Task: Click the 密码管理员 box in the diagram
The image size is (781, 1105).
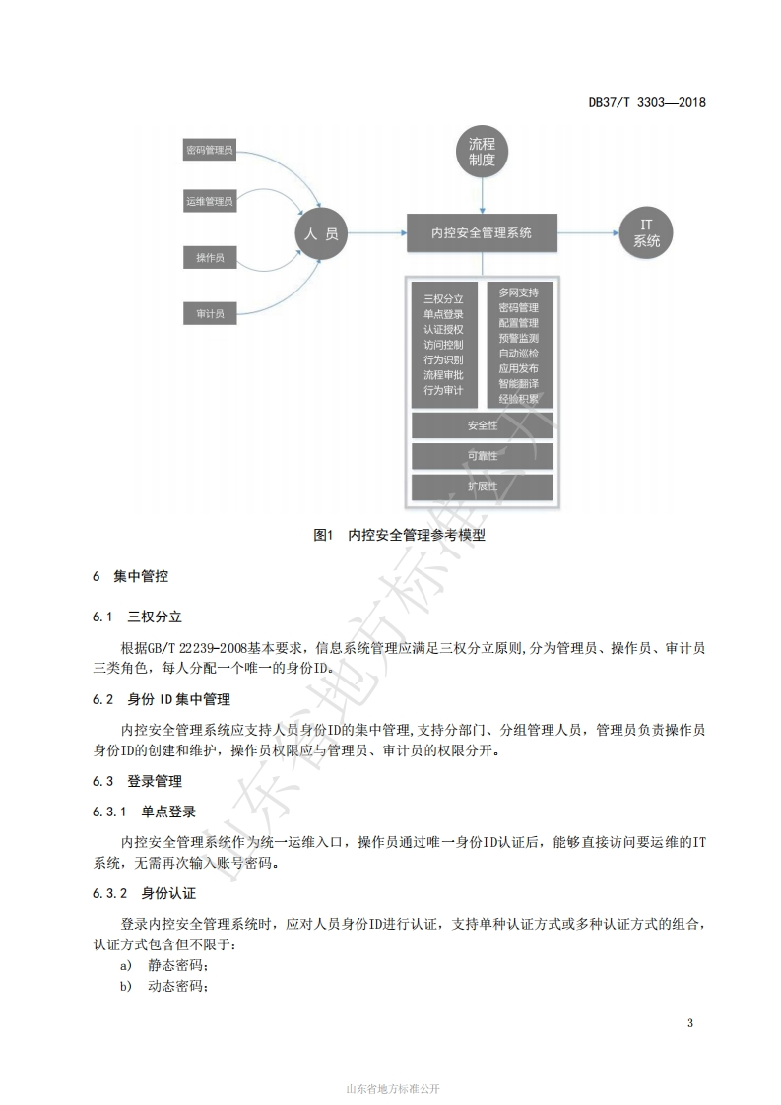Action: pyautogui.click(x=210, y=150)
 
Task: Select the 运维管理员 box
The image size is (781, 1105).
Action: pyautogui.click(x=210, y=202)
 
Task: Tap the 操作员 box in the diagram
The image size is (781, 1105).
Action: pyautogui.click(x=210, y=258)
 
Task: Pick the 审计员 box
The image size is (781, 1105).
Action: pyautogui.click(x=210, y=313)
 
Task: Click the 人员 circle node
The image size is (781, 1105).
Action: pyautogui.click(x=321, y=233)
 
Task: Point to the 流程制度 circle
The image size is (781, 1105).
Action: pyautogui.click(x=483, y=152)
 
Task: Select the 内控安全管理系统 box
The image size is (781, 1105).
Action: pyautogui.click(x=483, y=232)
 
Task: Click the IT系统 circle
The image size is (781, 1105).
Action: pyautogui.click(x=646, y=233)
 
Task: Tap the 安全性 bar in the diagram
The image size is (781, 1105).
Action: pyautogui.click(x=483, y=425)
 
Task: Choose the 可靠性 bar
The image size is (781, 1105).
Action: pyautogui.click(x=483, y=456)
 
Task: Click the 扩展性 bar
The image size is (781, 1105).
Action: pyautogui.click(x=483, y=487)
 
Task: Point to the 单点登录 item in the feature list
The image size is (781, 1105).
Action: pyautogui.click(x=443, y=314)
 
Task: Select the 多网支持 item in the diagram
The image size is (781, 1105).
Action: pyautogui.click(x=519, y=292)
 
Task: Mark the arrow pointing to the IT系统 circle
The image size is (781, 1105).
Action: pyautogui.click(x=589, y=233)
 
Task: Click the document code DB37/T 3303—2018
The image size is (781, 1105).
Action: pyautogui.click(x=647, y=102)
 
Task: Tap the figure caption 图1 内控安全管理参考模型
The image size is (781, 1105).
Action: pyautogui.click(x=400, y=535)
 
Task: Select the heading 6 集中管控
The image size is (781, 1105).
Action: pyautogui.click(x=130, y=576)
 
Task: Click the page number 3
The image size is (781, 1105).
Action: pyautogui.click(x=690, y=1023)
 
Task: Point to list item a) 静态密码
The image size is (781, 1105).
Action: pyautogui.click(x=164, y=965)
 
